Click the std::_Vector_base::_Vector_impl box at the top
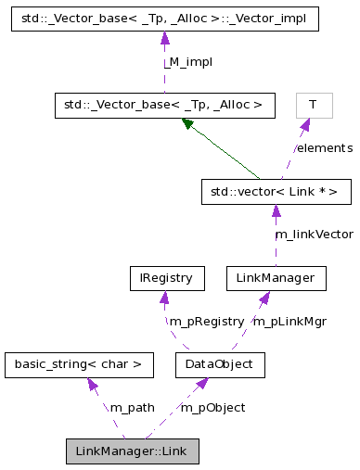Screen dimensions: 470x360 (164, 19)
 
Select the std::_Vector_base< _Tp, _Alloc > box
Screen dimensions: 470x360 (164, 106)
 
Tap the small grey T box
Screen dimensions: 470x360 (313, 106)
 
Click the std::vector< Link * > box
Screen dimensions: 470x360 (276, 192)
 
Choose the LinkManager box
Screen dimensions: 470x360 (276, 278)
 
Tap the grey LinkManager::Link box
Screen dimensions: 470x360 (133, 451)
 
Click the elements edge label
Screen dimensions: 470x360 (324, 148)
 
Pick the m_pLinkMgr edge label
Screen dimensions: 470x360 (289, 322)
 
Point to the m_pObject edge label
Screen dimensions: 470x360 (212, 408)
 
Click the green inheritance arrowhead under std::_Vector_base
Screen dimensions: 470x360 (187, 123)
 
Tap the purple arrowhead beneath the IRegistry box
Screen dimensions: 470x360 (164, 297)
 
